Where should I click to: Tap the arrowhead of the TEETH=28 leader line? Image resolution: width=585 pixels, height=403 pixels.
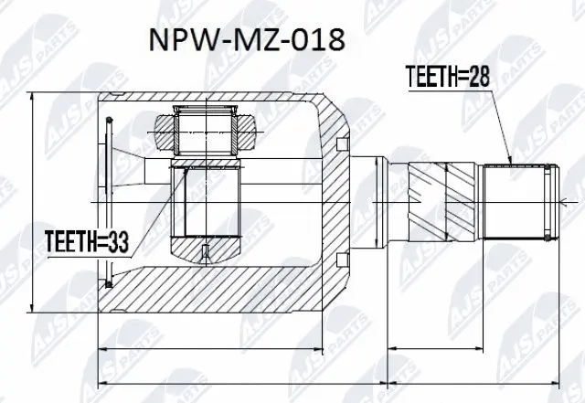pos(507,163)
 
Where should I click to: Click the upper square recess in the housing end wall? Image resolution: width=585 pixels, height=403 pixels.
pos(343,143)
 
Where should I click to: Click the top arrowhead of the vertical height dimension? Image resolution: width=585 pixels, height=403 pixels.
pos(33,97)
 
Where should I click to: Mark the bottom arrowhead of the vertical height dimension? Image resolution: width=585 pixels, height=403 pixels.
pos(33,309)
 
